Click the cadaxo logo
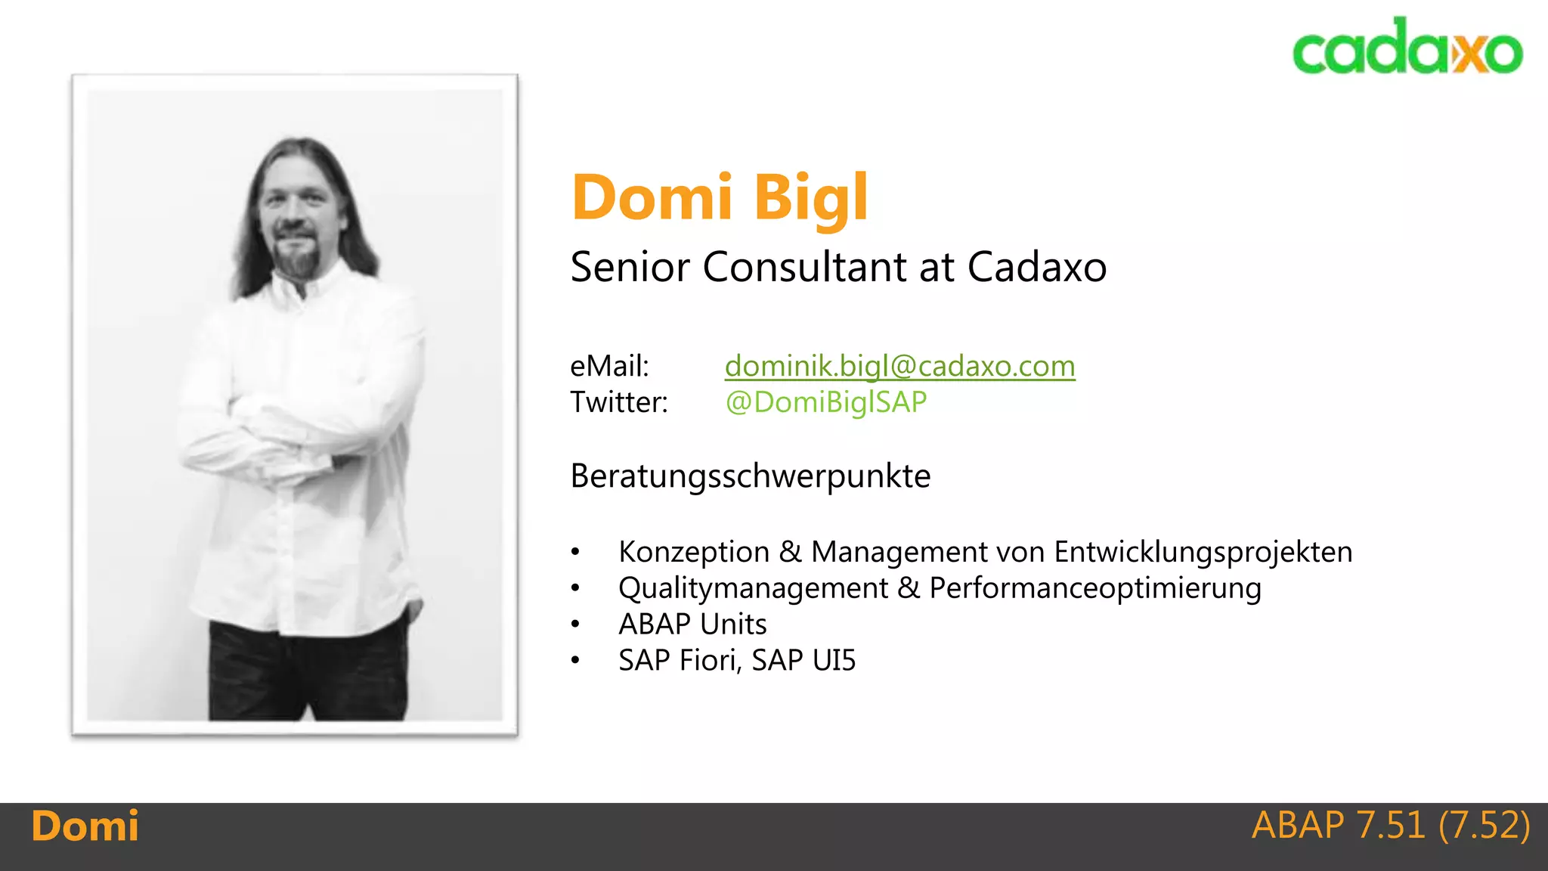click(1407, 47)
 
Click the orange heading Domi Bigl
click(720, 197)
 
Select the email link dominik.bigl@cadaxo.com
click(899, 367)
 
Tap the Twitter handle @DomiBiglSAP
click(825, 402)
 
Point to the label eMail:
click(609, 367)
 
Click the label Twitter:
click(619, 402)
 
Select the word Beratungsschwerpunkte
click(750, 476)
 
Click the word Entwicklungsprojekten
click(1203, 552)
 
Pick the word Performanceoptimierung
click(1095, 588)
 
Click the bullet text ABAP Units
click(692, 625)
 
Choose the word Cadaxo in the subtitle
click(1036, 267)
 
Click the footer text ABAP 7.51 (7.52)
click(1390, 825)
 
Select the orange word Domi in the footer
click(85, 826)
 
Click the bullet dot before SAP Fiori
click(576, 661)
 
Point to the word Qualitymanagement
click(753, 588)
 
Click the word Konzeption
click(693, 552)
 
